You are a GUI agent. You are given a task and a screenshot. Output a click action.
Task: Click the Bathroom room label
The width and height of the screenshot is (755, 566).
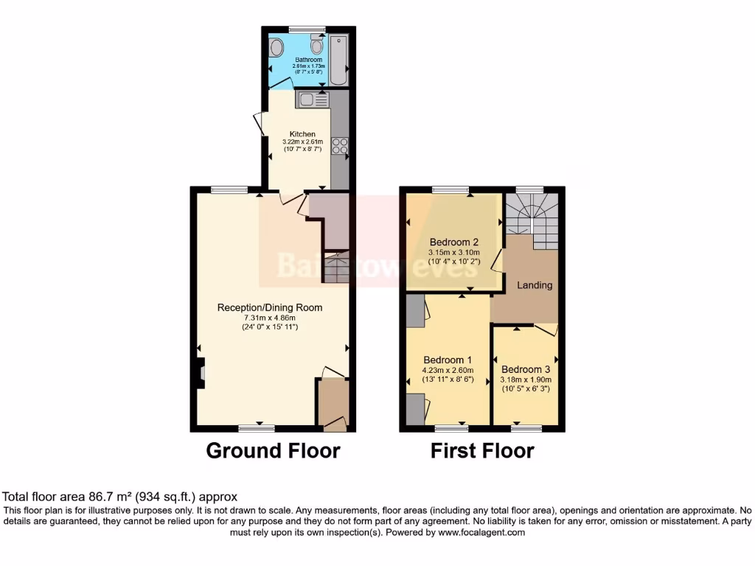point(308,60)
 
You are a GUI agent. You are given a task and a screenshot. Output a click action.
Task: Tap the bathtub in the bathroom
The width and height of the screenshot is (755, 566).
point(339,60)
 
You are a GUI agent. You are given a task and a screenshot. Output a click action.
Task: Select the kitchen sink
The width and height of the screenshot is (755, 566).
point(311,99)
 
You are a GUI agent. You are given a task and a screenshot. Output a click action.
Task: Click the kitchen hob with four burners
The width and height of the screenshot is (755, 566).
point(340,146)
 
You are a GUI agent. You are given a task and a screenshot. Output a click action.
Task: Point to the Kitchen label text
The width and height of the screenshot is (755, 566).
point(302,134)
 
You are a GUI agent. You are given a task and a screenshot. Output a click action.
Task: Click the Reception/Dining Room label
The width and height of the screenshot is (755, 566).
point(270,307)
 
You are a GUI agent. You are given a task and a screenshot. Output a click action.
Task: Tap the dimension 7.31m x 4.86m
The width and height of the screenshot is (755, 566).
point(270,317)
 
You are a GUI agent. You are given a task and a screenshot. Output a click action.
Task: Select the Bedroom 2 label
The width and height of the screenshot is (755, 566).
point(455,242)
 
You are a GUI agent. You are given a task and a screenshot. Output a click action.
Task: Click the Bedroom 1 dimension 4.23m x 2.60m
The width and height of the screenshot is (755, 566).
point(448,371)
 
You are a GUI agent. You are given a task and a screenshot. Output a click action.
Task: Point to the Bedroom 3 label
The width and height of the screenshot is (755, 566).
point(526,369)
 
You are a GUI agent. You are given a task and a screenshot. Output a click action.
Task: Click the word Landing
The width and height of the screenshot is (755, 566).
point(535,285)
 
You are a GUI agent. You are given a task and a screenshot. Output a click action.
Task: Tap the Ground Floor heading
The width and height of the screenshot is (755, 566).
point(273,450)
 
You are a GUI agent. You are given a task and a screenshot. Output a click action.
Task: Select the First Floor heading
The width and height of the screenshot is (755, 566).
point(482,450)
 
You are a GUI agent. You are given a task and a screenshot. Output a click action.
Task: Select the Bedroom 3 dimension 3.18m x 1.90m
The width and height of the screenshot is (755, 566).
point(526,380)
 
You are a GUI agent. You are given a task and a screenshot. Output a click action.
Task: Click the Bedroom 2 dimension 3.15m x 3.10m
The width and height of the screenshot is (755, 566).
point(454,251)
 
